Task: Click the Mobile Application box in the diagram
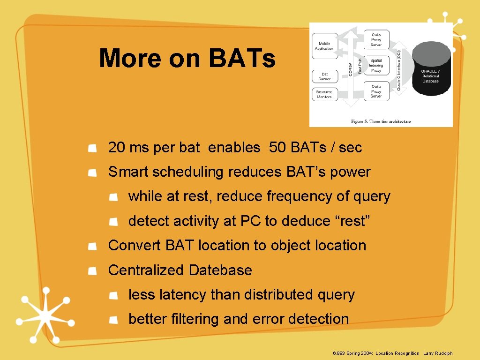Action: (x=324, y=45)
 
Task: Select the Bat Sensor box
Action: (x=324, y=76)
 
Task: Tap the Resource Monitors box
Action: (x=324, y=94)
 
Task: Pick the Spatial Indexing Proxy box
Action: (x=376, y=66)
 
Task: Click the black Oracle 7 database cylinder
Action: (x=431, y=68)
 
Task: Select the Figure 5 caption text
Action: (x=381, y=121)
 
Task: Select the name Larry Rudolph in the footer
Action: (x=438, y=353)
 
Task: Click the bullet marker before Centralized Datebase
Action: (x=93, y=270)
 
